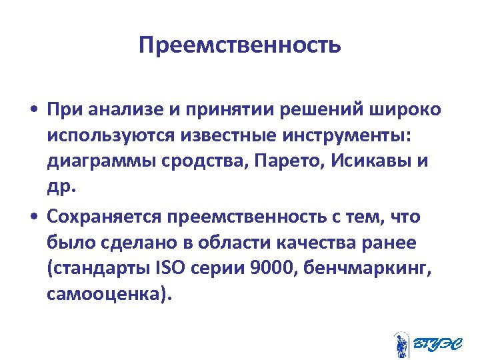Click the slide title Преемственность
240,45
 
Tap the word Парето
280,163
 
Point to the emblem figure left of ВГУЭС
401,344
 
